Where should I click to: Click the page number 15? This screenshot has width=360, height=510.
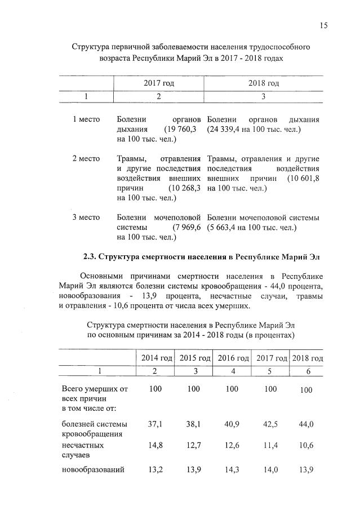click(324, 25)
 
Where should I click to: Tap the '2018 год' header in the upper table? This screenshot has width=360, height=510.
click(264, 83)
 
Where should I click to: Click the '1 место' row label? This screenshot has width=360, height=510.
click(86, 119)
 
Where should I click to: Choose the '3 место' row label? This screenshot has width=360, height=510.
click(86, 217)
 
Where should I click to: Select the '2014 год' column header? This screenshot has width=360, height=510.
click(156, 358)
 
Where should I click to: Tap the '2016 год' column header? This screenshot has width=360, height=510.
click(233, 358)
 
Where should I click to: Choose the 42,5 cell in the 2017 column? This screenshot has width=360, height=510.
click(272, 424)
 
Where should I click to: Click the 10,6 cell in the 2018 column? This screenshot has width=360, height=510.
click(306, 445)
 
